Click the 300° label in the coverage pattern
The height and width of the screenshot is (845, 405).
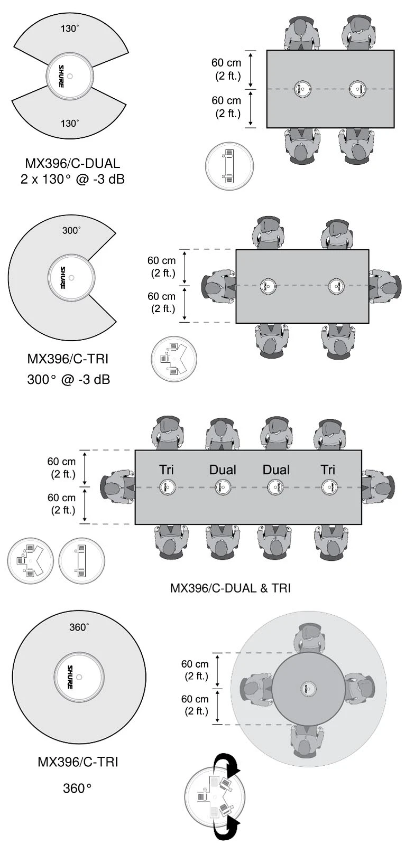(x=71, y=230)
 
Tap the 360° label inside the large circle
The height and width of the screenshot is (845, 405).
(x=79, y=627)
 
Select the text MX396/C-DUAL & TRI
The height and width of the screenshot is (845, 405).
(x=230, y=588)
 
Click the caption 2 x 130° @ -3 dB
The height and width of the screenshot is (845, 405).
(x=72, y=179)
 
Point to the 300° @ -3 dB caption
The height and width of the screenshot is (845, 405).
(x=68, y=379)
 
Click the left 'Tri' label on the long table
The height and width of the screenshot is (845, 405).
(x=167, y=470)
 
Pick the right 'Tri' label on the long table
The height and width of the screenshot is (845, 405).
(x=328, y=470)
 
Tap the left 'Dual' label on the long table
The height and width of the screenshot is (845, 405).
(x=223, y=470)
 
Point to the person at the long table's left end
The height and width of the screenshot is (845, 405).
(x=117, y=487)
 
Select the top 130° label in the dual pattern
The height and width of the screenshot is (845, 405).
(x=69, y=29)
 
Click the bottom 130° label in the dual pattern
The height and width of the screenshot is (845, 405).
(x=69, y=123)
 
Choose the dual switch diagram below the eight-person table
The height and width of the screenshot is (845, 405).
(x=81, y=561)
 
